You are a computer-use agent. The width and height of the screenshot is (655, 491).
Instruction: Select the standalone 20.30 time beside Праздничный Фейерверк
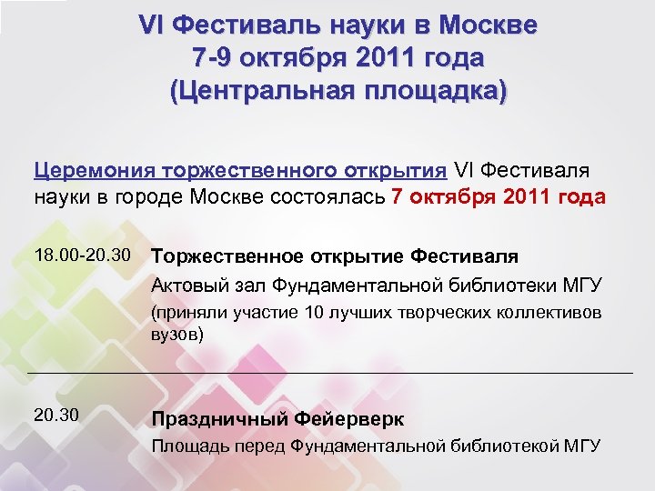[x=56, y=416]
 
